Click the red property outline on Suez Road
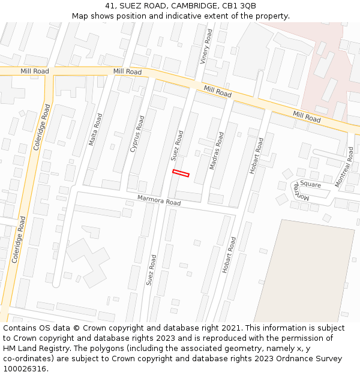(x=181, y=173)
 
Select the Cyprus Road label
(x=137, y=133)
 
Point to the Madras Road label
(x=216, y=151)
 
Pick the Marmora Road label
(x=158, y=200)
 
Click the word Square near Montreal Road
(x=311, y=185)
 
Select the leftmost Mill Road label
(x=34, y=71)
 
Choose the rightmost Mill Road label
(x=307, y=116)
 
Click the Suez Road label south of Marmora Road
(x=151, y=270)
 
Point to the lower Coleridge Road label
(x=18, y=240)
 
